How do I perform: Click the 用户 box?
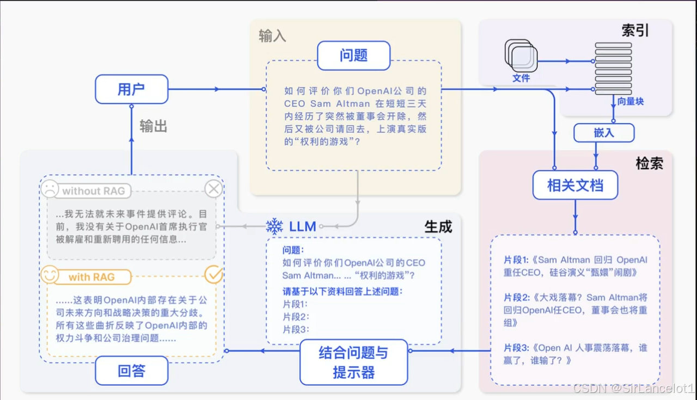click(x=131, y=89)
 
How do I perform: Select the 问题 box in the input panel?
click(x=353, y=56)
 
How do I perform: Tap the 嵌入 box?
click(x=603, y=133)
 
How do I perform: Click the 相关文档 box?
click(x=575, y=185)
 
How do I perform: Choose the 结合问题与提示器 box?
click(x=353, y=362)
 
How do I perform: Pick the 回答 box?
click(x=131, y=371)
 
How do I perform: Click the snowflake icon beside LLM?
click(x=274, y=226)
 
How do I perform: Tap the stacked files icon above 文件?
click(x=521, y=56)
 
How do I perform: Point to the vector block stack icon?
click(x=613, y=69)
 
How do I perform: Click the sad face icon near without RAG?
click(x=50, y=189)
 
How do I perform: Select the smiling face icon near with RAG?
click(x=50, y=275)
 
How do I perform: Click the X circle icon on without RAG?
click(x=213, y=189)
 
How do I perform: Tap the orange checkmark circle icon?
click(x=213, y=275)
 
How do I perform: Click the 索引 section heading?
click(x=635, y=30)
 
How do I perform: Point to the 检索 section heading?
click(x=649, y=163)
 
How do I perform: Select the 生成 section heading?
click(x=438, y=226)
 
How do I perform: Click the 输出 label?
click(x=153, y=126)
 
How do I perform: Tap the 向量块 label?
click(x=630, y=101)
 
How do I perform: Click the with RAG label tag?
click(x=91, y=277)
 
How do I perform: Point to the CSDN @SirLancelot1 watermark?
click(x=633, y=389)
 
